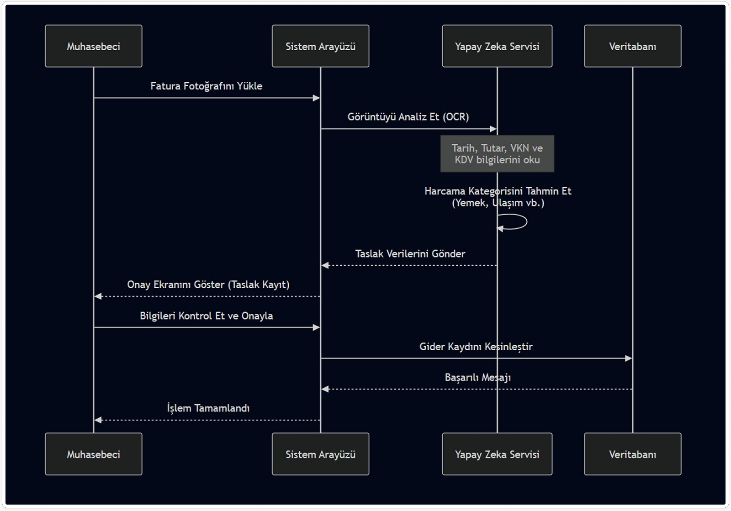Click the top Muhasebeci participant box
pyautogui.click(x=93, y=46)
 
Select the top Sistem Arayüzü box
pyautogui.click(x=320, y=46)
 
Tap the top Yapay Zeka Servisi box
pyautogui.click(x=497, y=46)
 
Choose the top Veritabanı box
pyautogui.click(x=632, y=46)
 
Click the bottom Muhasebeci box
pyautogui.click(x=93, y=454)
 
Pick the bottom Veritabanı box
pyautogui.click(x=632, y=454)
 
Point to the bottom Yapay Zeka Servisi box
pyautogui.click(x=497, y=454)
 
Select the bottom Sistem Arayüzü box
pyautogui.click(x=320, y=454)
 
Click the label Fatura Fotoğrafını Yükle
pyautogui.click(x=206, y=86)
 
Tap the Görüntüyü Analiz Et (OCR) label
pyautogui.click(x=408, y=117)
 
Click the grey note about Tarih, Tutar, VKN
pyautogui.click(x=497, y=154)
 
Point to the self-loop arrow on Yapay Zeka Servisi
pyautogui.click(x=516, y=222)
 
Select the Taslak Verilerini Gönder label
pyautogui.click(x=410, y=254)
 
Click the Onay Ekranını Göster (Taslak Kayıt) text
pyautogui.click(x=208, y=284)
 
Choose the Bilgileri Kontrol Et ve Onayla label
pyautogui.click(x=206, y=316)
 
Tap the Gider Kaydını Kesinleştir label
pyautogui.click(x=476, y=347)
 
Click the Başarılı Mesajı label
pyautogui.click(x=477, y=378)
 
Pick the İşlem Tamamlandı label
pyautogui.click(x=208, y=408)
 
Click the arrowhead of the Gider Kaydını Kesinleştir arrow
pyautogui.click(x=629, y=358)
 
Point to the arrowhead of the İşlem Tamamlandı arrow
pyautogui.click(x=98, y=420)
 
